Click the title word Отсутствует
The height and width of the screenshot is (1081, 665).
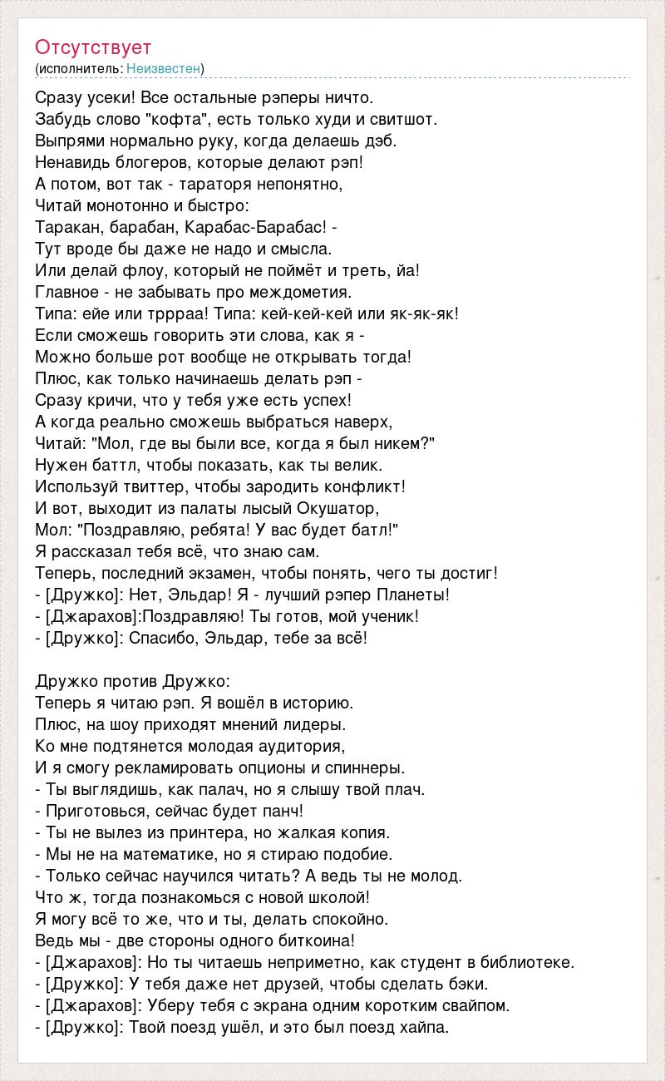tap(93, 47)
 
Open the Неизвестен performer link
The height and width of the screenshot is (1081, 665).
tap(165, 68)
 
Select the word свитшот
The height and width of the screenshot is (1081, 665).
tap(398, 119)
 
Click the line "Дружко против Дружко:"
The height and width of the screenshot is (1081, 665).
tap(127, 681)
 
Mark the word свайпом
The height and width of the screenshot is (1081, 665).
tap(475, 1005)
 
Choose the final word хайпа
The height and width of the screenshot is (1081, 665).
tap(424, 1027)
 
